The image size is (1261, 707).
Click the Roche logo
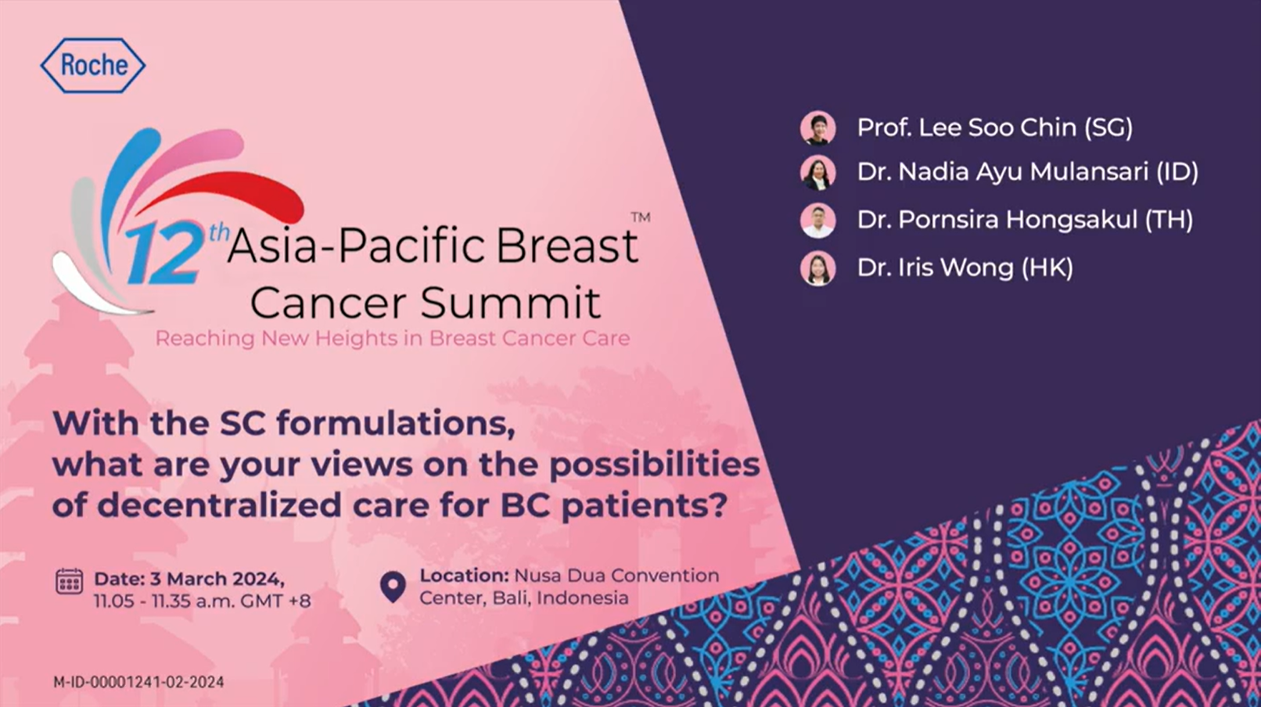(93, 65)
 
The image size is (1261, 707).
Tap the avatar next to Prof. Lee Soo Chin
(817, 127)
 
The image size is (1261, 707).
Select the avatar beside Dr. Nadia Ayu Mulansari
(817, 173)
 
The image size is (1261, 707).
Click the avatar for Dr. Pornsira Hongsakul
(817, 221)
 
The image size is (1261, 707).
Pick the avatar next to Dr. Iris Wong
(817, 268)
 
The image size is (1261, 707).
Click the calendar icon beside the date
(70, 581)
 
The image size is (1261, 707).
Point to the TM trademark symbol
(641, 217)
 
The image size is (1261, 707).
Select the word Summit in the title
(511, 303)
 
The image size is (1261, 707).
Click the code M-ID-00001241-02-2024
(138, 682)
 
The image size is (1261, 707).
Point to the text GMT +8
(276, 601)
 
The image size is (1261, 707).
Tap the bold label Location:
(465, 576)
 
